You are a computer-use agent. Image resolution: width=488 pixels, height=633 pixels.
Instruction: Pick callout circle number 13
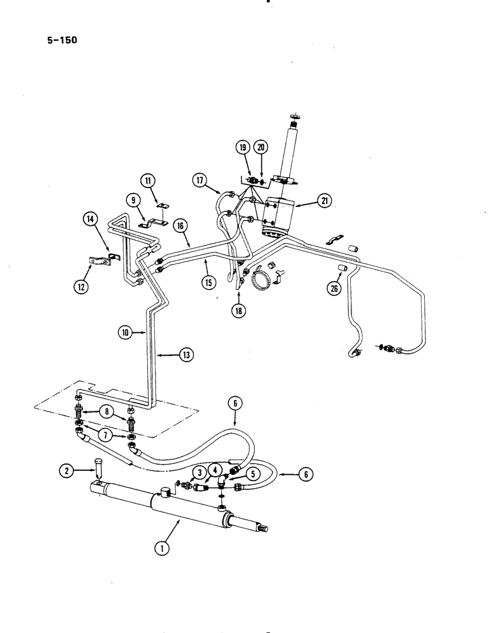coord(185,355)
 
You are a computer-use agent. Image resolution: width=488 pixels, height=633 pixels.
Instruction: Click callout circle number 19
coord(243,147)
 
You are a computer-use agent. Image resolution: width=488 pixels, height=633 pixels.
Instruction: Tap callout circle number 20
coord(261,147)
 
